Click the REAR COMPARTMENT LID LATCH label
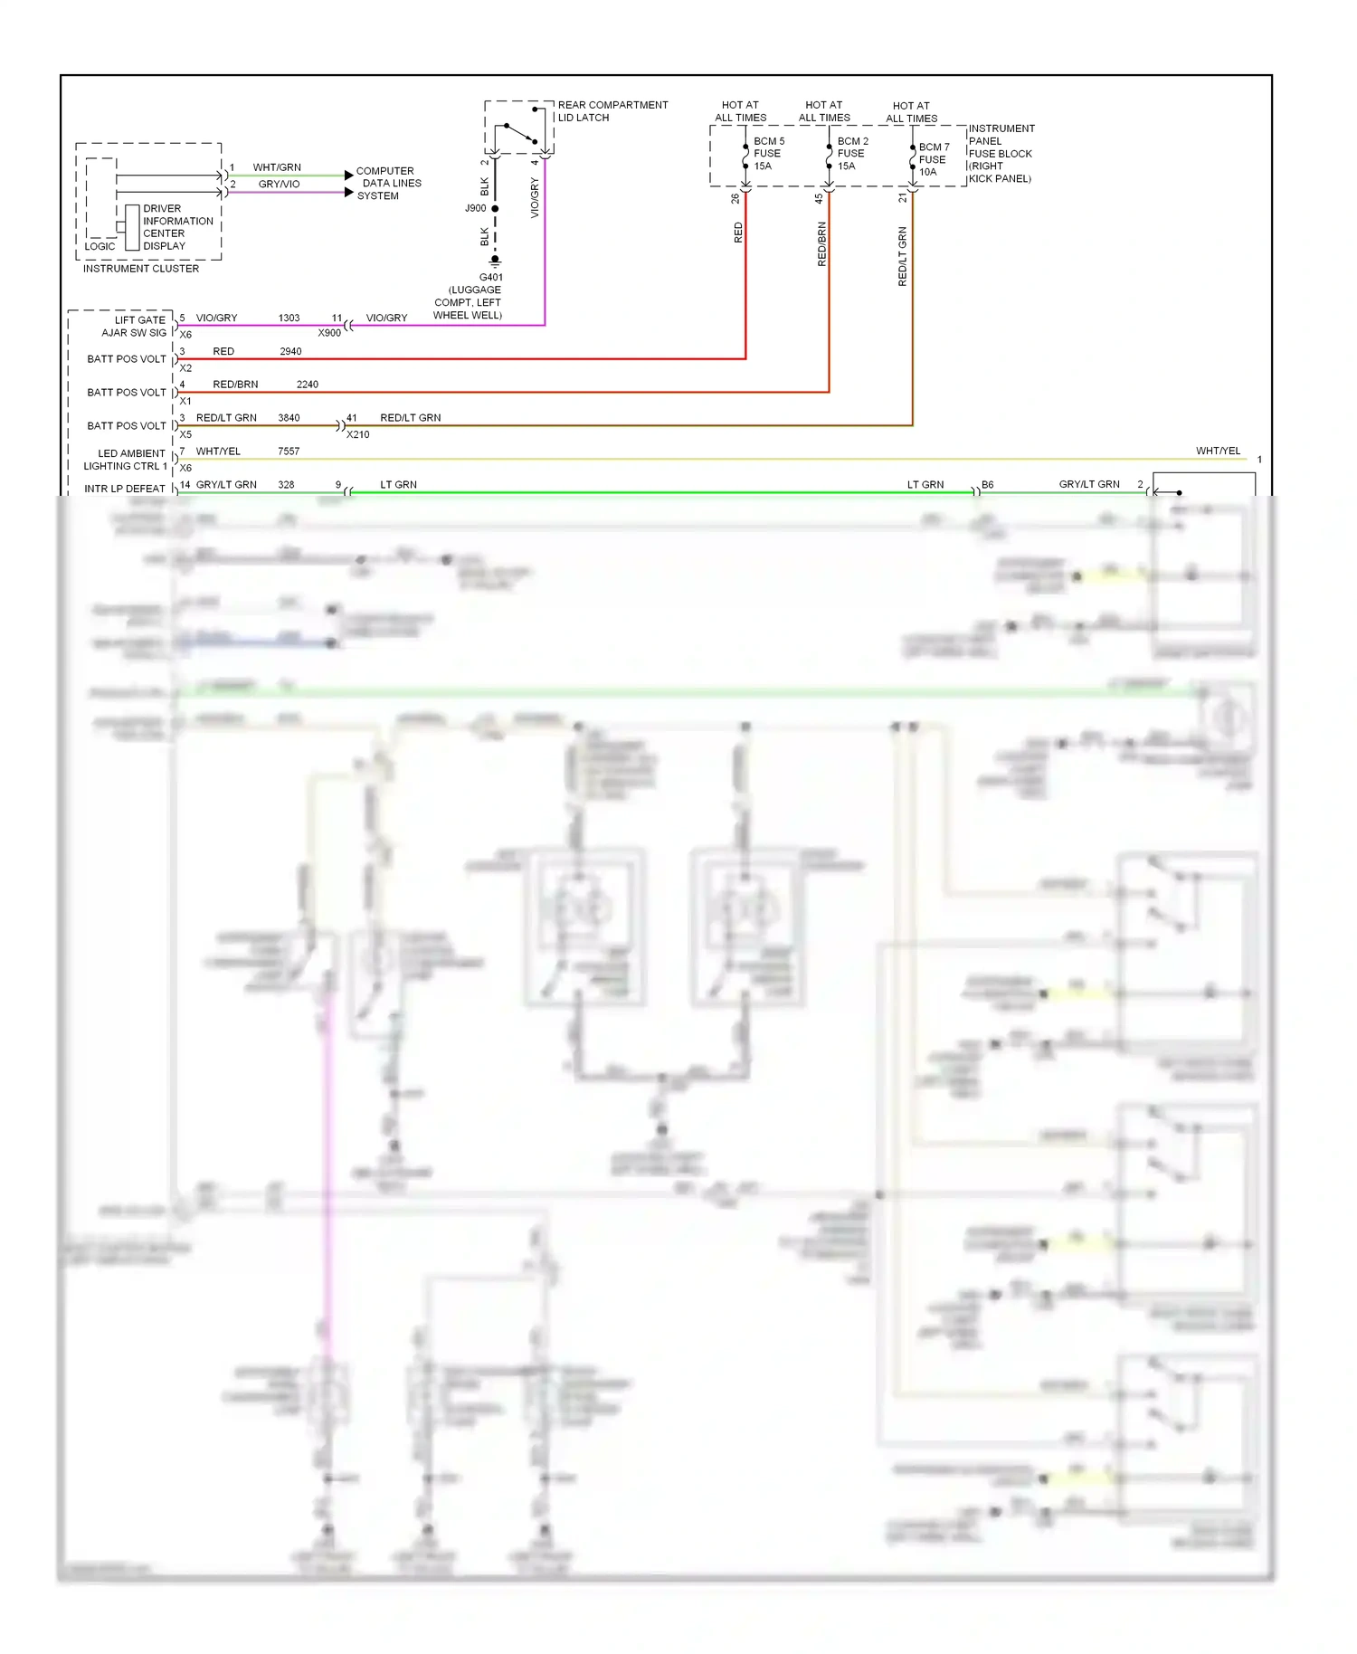pos(612,111)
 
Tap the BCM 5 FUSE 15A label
pos(768,154)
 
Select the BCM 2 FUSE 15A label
pos(852,154)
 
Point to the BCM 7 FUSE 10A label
pos(934,159)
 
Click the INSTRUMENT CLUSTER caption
pos(141,269)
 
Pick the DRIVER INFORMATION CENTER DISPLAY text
pos(177,227)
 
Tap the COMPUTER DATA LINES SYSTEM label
pos(388,183)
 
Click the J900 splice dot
pos(495,209)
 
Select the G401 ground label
pos(490,278)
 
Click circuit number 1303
pos(289,318)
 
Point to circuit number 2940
pos(290,352)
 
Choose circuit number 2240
pos(308,385)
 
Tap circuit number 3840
pos(289,418)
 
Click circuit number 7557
pos(289,452)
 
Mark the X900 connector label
pos(329,333)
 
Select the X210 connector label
pos(358,434)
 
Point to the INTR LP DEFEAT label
pos(125,489)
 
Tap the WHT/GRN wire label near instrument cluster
pos(277,167)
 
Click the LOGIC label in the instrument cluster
pos(100,246)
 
